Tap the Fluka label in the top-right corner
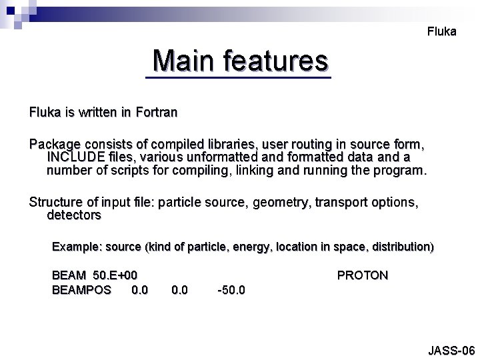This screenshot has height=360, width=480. [x=441, y=31]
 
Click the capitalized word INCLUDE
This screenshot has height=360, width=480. [x=73, y=157]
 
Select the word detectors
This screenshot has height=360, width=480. [x=74, y=215]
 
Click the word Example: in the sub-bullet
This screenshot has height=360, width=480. [x=75, y=247]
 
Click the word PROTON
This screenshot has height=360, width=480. [x=362, y=275]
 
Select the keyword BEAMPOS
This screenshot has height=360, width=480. [x=81, y=290]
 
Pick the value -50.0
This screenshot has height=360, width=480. [x=231, y=290]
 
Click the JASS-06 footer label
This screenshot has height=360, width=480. [x=451, y=350]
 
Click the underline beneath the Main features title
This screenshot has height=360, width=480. [x=238, y=79]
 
